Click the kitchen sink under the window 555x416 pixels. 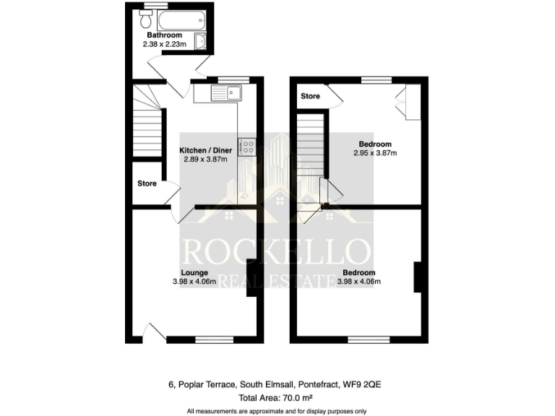point(227,92)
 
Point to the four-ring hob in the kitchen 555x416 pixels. point(246,147)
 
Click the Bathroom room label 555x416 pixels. point(165,35)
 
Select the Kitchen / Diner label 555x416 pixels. point(205,150)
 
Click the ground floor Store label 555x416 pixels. point(147,183)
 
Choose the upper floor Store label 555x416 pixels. point(310,95)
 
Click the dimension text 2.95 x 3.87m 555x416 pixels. point(375,153)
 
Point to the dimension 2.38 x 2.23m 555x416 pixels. point(165,44)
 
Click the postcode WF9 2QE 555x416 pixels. point(374,383)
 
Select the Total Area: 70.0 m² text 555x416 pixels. point(277,397)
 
